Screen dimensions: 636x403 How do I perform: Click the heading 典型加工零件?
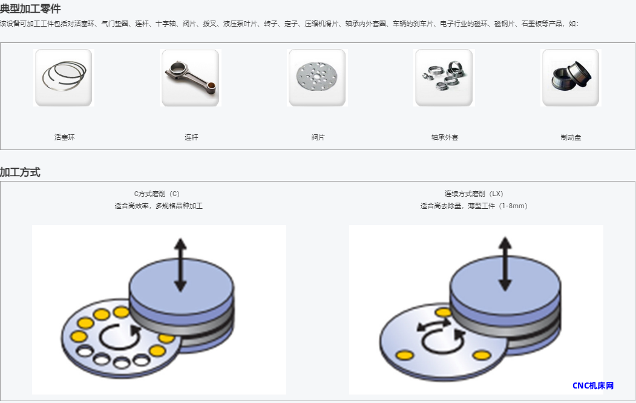pos(30,8)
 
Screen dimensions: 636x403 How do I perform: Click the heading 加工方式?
pos(21,172)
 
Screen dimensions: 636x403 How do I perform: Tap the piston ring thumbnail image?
pos(64,78)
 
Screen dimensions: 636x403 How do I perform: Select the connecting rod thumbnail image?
pos(190,78)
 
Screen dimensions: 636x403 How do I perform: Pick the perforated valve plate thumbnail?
pos(317,78)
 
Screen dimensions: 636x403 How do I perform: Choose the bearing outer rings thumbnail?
pos(444,78)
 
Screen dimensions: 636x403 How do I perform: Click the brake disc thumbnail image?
pos(571,78)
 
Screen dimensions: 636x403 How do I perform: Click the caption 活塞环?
pos(65,137)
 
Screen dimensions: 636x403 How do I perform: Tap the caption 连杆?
pos(191,137)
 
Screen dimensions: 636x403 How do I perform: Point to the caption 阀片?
pos(318,137)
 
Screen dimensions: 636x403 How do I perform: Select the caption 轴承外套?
pos(445,137)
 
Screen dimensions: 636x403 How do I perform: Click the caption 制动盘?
pos(571,137)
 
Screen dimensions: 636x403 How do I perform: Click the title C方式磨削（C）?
pos(157,194)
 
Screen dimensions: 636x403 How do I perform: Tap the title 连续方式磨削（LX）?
pos(474,194)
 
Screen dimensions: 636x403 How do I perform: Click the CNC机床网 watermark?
pos(593,385)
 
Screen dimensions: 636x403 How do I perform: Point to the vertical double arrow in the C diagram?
pos(180,265)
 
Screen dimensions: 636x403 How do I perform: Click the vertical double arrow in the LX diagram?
pos(505,264)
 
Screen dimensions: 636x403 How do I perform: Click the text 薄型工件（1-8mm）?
pos(497,206)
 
